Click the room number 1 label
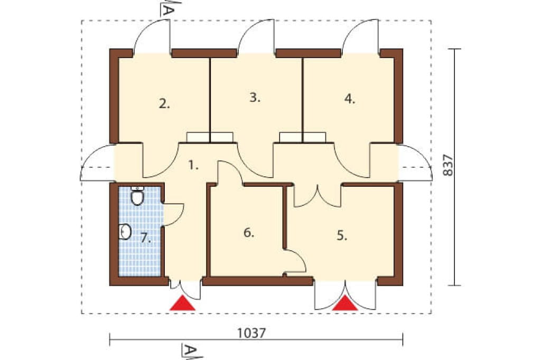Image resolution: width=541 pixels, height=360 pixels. [x=193, y=166]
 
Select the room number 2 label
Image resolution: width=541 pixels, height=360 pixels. [x=164, y=103]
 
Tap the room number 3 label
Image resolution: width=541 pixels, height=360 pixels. [x=255, y=98]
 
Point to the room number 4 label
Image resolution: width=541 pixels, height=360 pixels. [x=350, y=99]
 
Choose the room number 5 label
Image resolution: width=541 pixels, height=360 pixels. [x=342, y=236]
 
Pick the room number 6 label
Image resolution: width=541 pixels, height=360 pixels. [x=249, y=233]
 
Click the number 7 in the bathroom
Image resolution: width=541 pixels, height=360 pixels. [x=146, y=238]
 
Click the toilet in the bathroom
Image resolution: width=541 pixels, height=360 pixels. [x=137, y=196]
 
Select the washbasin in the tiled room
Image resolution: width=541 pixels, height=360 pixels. [x=125, y=232]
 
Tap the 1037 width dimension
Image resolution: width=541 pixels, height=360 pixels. [x=252, y=333]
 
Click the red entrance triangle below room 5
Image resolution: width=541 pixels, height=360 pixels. [x=345, y=304]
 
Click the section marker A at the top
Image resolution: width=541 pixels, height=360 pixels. [x=167, y=8]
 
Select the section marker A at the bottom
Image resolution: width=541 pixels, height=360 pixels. [x=191, y=352]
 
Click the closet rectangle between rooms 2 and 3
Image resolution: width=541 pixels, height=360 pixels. [x=210, y=137]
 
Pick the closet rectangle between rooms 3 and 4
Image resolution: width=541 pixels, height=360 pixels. [x=303, y=137]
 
